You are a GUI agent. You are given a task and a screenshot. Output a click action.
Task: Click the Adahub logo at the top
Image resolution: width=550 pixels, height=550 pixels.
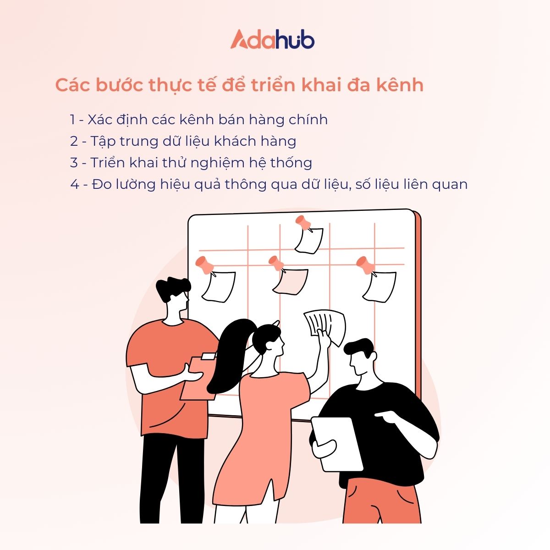[x=272, y=39]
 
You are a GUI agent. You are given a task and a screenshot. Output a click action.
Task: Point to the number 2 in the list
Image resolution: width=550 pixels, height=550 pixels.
[x=74, y=142]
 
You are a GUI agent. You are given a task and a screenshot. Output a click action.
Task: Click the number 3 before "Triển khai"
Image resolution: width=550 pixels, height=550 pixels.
[x=74, y=163]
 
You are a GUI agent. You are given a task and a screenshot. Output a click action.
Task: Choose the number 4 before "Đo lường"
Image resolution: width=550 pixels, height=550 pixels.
[x=74, y=185]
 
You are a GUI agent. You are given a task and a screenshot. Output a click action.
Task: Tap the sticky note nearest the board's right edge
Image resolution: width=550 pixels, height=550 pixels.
[x=380, y=286]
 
